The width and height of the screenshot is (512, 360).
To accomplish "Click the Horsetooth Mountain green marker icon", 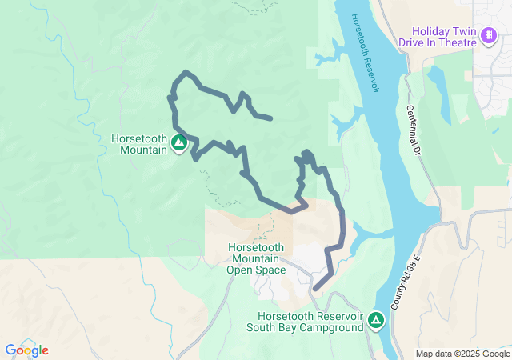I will click(179, 143).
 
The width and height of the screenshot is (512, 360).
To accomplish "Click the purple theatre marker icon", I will click(488, 35).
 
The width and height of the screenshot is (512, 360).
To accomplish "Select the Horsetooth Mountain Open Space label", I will click(257, 258).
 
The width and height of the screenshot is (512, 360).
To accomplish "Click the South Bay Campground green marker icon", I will click(376, 322).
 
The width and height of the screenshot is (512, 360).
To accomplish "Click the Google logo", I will click(26, 350).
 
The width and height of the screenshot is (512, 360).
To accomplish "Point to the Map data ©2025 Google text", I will click(462, 354).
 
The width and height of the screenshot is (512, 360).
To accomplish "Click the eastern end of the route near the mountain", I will click(271, 118).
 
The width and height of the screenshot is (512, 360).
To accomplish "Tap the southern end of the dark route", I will click(314, 289).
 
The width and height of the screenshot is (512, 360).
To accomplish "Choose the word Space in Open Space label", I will click(270, 270).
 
